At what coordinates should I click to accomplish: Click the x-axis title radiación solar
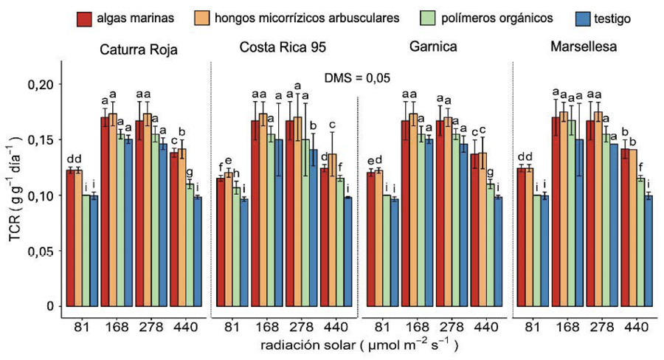click(x=356, y=344)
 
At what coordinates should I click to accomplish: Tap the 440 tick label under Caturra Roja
click(x=186, y=325)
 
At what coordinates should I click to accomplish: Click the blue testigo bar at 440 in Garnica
click(x=498, y=251)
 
